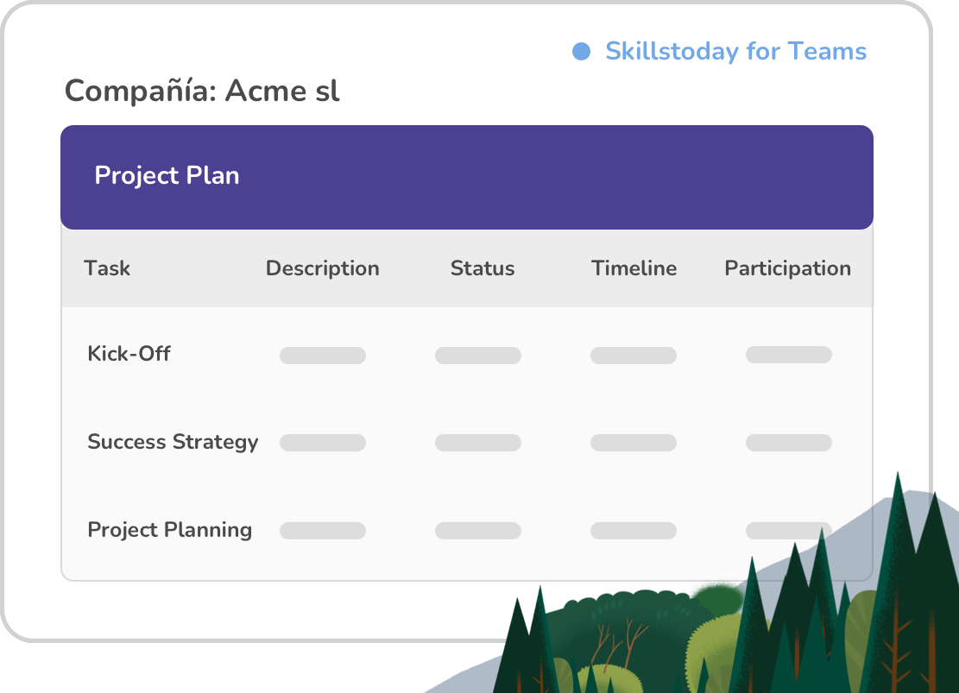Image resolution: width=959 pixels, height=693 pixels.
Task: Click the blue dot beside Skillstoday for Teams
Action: pyautogui.click(x=581, y=52)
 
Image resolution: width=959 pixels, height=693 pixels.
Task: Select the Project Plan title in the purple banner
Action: pyautogui.click(x=167, y=175)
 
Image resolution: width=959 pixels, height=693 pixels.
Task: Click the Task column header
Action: pyautogui.click(x=107, y=268)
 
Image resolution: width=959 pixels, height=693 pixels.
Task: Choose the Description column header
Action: pyautogui.click(x=322, y=268)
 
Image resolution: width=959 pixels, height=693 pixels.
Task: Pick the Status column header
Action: pyautogui.click(x=483, y=268)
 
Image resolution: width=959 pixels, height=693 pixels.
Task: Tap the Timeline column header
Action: pyautogui.click(x=634, y=268)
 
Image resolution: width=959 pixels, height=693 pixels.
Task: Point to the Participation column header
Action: pyautogui.click(x=788, y=268)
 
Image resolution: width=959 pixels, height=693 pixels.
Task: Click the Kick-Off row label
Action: pyautogui.click(x=129, y=354)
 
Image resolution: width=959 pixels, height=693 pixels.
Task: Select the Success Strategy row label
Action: pyautogui.click(x=174, y=442)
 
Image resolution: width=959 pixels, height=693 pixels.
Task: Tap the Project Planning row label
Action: pyautogui.click(x=170, y=530)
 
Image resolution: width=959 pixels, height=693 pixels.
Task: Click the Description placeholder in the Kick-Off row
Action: pyautogui.click(x=323, y=356)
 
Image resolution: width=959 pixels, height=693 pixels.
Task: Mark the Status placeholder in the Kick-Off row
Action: pyautogui.click(x=478, y=356)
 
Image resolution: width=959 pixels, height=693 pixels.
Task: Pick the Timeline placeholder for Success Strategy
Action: pyautogui.click(x=634, y=443)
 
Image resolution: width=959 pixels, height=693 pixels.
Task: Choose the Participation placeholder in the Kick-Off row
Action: pyautogui.click(x=789, y=355)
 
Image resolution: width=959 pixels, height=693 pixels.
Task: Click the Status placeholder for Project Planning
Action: pyautogui.click(x=478, y=531)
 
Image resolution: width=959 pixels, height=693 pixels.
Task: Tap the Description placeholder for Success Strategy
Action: pyautogui.click(x=323, y=443)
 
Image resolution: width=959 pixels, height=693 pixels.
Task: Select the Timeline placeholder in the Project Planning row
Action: pyautogui.click(x=634, y=531)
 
